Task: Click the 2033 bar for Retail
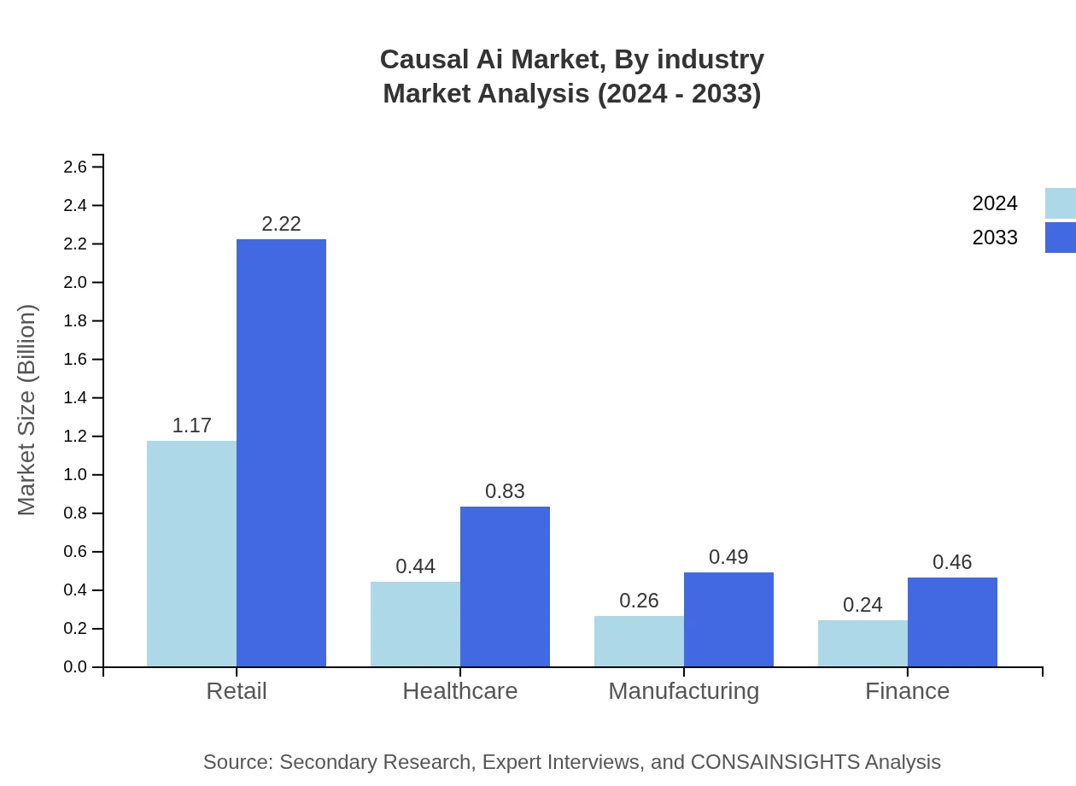(x=281, y=453)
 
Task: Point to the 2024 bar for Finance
(x=863, y=643)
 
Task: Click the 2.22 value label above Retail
(x=281, y=224)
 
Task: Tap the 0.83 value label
(x=505, y=491)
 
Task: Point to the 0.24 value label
(x=863, y=605)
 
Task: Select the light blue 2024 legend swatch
(x=1060, y=203)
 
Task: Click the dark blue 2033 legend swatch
(x=1060, y=238)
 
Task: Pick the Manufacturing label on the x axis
(x=683, y=690)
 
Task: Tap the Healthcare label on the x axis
(x=459, y=690)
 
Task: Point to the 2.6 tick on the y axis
(x=75, y=167)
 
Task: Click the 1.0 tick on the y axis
(x=75, y=475)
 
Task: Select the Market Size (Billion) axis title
(x=27, y=410)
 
